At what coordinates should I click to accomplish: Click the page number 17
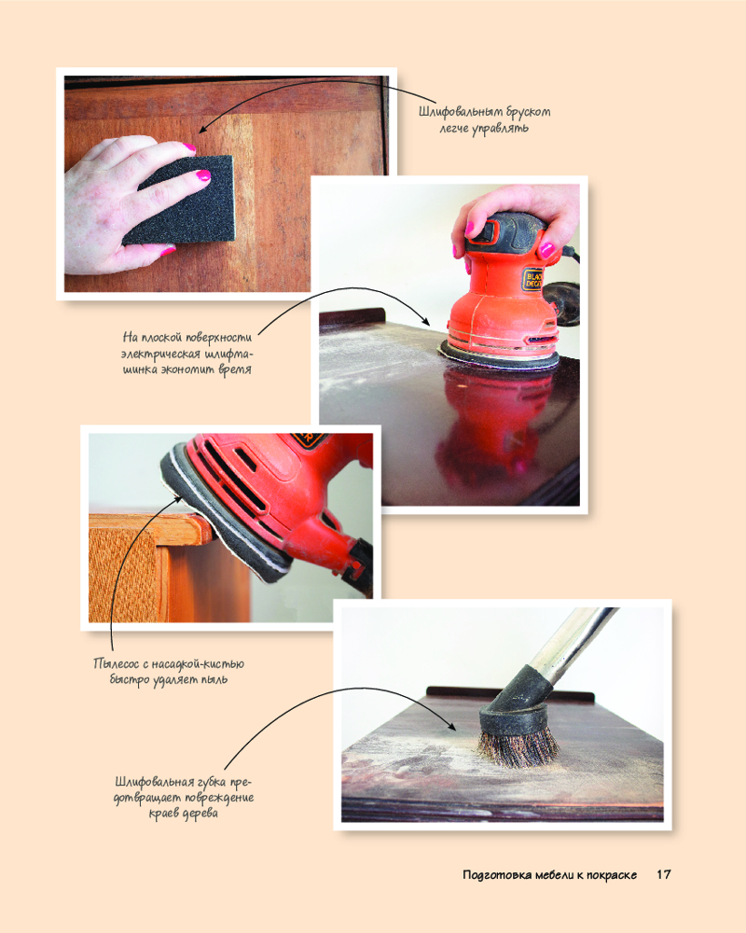coord(663,875)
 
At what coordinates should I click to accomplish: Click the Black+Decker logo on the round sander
coord(532,279)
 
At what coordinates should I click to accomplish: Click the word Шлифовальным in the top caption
coord(458,112)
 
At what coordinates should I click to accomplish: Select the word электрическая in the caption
coord(160,354)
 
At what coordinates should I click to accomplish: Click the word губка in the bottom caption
coord(211,782)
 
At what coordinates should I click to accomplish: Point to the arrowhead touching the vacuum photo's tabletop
coord(452,727)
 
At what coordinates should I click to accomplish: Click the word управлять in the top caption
coord(500,129)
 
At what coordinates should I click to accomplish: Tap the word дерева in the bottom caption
coord(200,814)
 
